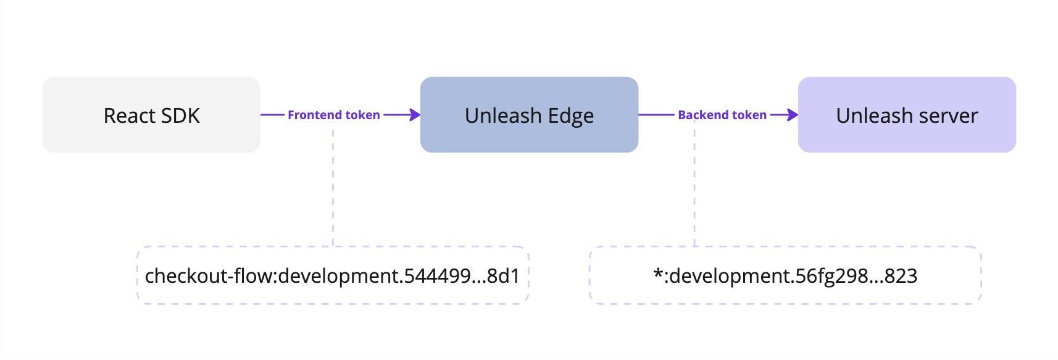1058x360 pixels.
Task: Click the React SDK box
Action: click(151, 115)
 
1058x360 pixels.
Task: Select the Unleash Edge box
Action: click(529, 115)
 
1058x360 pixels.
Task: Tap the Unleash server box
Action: click(907, 115)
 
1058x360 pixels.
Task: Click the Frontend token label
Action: click(333, 115)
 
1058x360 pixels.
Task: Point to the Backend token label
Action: click(722, 115)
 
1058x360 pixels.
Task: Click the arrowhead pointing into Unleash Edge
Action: click(415, 115)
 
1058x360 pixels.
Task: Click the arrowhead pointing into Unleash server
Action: click(793, 115)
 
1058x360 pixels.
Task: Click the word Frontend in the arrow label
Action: click(314, 115)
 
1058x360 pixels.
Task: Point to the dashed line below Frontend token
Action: click(333, 185)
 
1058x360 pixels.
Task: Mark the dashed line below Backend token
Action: click(694, 185)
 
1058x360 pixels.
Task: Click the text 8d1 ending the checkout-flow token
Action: click(503, 276)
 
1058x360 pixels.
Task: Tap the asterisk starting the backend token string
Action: click(657, 273)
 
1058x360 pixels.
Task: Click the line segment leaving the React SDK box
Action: click(272, 115)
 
